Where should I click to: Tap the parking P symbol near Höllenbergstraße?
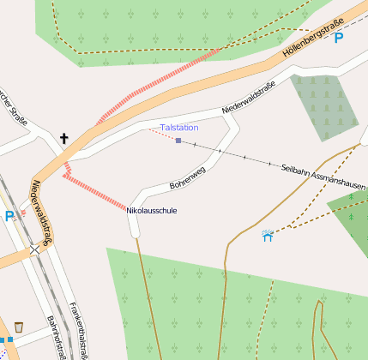tap(338, 38)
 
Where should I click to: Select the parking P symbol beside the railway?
tap(9, 216)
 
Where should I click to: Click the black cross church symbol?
tap(63, 137)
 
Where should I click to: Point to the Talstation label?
tap(179, 128)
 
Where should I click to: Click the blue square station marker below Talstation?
tap(178, 140)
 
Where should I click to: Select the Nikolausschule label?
tap(152, 210)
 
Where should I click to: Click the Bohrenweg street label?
tap(187, 179)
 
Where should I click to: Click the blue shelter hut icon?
tap(268, 235)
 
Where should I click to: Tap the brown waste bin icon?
tap(18, 327)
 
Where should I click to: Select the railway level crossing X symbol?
tap(35, 249)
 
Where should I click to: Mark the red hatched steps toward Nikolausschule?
tap(94, 190)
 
